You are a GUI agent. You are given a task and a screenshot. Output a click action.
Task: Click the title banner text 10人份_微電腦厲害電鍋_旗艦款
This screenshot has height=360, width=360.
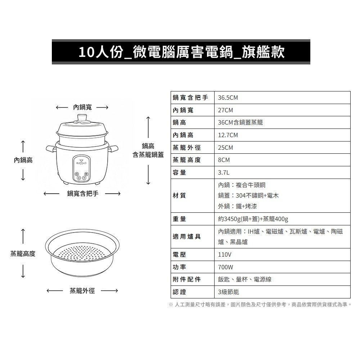(181, 52)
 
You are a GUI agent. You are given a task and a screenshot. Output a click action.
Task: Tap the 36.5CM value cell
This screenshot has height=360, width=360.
(228, 98)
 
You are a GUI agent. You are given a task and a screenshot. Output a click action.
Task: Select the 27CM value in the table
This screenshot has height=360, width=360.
(225, 110)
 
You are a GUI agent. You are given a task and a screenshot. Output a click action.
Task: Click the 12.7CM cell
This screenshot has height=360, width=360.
(228, 135)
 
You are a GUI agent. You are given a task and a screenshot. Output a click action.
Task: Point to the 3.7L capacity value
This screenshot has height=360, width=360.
(224, 172)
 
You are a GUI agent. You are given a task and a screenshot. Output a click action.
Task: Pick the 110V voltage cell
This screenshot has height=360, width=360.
(225, 255)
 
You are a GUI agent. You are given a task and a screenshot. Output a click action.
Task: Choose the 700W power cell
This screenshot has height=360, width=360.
(226, 267)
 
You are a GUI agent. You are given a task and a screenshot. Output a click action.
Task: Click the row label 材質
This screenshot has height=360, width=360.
(179, 195)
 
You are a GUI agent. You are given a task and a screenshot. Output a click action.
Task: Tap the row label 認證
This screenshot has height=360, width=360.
(179, 292)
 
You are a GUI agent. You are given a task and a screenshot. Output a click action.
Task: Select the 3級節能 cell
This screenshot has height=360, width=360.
(229, 292)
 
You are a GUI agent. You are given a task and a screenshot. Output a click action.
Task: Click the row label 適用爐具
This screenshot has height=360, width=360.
(186, 237)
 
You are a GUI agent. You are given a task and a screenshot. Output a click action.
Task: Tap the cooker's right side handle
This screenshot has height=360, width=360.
(114, 148)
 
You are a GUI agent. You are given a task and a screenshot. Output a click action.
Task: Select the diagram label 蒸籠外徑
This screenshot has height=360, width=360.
(82, 291)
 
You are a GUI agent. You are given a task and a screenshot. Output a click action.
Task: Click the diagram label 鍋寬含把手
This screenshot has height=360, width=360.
(82, 194)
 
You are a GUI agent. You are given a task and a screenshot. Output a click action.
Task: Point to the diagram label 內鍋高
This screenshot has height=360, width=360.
(23, 160)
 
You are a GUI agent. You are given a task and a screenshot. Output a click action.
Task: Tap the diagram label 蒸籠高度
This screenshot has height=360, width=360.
(23, 254)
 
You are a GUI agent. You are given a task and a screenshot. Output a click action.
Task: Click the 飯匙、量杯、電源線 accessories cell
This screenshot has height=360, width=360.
(244, 279)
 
